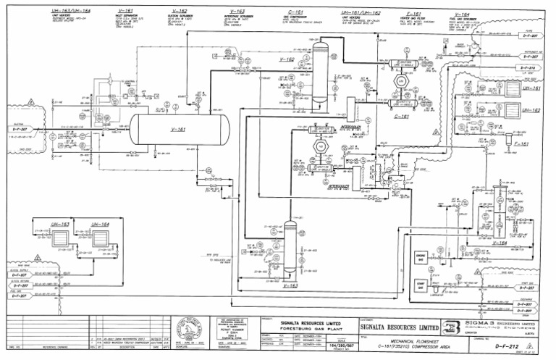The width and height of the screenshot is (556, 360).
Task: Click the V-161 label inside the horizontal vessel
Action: pyautogui.click(x=178, y=130)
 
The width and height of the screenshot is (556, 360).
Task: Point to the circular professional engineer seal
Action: pyautogui.click(x=185, y=330)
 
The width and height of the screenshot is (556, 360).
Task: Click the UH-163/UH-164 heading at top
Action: pyautogui.click(x=70, y=12)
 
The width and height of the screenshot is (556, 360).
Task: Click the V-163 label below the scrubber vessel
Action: pyautogui.click(x=290, y=285)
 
